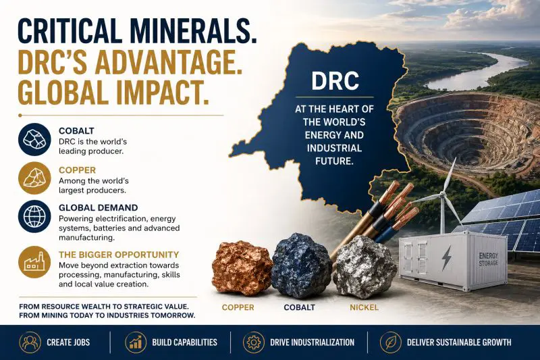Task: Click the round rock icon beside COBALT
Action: point(34,139)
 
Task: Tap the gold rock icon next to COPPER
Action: point(34,178)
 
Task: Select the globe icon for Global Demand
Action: point(34,216)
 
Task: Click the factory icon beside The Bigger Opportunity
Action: point(34,263)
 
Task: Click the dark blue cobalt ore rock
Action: point(302,265)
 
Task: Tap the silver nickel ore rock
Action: point(364,267)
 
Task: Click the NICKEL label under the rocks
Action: point(364,307)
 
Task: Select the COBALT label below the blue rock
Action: point(299,307)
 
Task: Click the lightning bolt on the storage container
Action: point(447,257)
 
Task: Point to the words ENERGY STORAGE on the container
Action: point(488,259)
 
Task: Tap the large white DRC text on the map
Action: point(335,81)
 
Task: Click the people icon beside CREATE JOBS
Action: point(30,342)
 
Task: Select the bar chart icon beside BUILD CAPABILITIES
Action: point(136,342)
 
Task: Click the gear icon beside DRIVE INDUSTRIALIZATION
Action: point(254,342)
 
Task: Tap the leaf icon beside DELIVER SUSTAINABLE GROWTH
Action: point(391,342)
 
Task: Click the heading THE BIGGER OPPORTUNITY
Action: point(119,255)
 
